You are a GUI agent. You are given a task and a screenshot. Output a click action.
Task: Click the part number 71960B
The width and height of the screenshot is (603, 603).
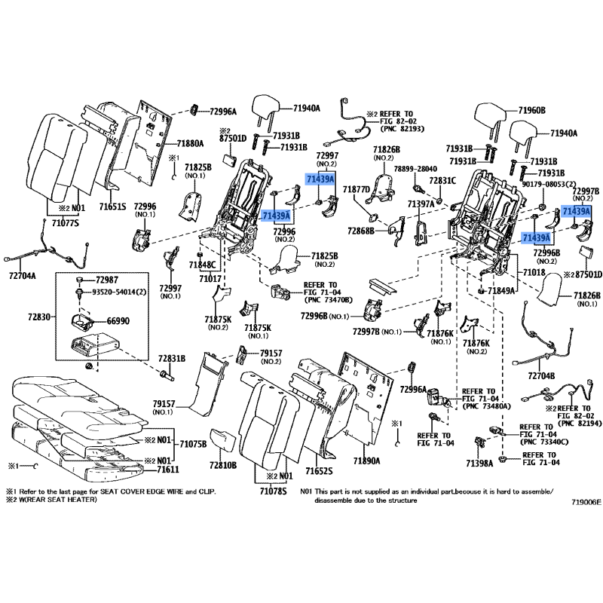click(531, 111)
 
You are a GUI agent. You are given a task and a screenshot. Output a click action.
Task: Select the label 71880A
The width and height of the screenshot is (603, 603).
click(191, 143)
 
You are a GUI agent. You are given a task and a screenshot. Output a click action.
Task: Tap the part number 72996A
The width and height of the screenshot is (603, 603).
click(223, 112)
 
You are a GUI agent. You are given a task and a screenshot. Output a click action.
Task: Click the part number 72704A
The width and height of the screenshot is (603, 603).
click(23, 276)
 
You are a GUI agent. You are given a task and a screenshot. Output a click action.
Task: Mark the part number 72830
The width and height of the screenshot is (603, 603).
click(35, 318)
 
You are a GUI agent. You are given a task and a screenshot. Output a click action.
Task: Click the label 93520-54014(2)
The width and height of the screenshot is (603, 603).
click(120, 292)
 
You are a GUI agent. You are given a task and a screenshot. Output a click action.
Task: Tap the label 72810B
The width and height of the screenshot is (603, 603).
click(223, 464)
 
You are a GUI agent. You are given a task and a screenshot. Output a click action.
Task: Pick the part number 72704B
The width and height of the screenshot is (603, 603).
click(540, 375)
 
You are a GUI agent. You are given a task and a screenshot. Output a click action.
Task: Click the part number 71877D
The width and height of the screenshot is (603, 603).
click(355, 189)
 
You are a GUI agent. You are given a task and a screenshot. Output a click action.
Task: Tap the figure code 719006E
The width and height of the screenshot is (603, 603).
click(586, 501)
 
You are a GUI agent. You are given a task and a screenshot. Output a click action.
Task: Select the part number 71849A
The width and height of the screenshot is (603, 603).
click(502, 290)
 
